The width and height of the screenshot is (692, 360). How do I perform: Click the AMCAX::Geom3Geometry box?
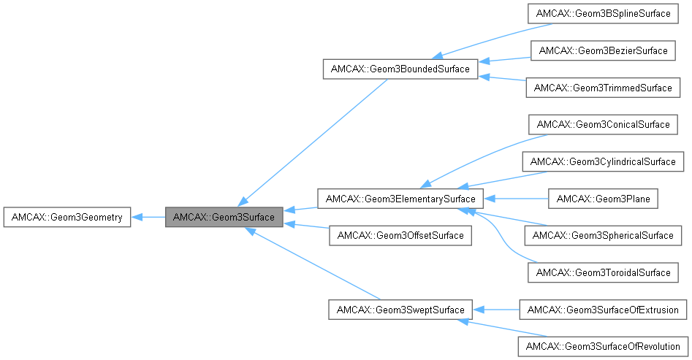pyautogui.click(x=67, y=217)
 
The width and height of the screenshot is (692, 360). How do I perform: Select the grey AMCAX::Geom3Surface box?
pyautogui.click(x=224, y=217)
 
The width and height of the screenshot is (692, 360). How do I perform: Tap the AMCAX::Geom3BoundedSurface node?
pyautogui.click(x=400, y=69)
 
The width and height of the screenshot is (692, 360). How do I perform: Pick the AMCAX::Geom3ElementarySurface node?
pyautogui.click(x=400, y=198)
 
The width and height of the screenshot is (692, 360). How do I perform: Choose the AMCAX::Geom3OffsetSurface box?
pyautogui.click(x=400, y=235)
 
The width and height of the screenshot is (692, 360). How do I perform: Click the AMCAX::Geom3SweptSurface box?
pyautogui.click(x=400, y=310)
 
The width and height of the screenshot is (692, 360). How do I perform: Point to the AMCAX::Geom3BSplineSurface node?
pyautogui.click(x=603, y=14)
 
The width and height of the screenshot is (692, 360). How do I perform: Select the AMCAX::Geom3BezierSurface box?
pyautogui.click(x=603, y=51)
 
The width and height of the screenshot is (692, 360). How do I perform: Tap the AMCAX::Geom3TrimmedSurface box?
pyautogui.click(x=603, y=88)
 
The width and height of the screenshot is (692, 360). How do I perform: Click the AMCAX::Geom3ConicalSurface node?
pyautogui.click(x=603, y=124)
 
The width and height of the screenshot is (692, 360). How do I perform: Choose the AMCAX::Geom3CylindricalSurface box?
pyautogui.click(x=603, y=161)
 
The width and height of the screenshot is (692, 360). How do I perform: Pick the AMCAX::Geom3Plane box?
pyautogui.click(x=603, y=198)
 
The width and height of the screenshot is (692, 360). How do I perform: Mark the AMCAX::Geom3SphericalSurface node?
pyautogui.click(x=603, y=235)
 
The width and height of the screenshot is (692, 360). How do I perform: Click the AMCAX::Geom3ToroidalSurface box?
pyautogui.click(x=603, y=272)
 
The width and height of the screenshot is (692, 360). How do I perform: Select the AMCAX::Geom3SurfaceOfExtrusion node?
pyautogui.click(x=603, y=310)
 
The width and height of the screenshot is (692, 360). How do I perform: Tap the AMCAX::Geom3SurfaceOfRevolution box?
pyautogui.click(x=603, y=346)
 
